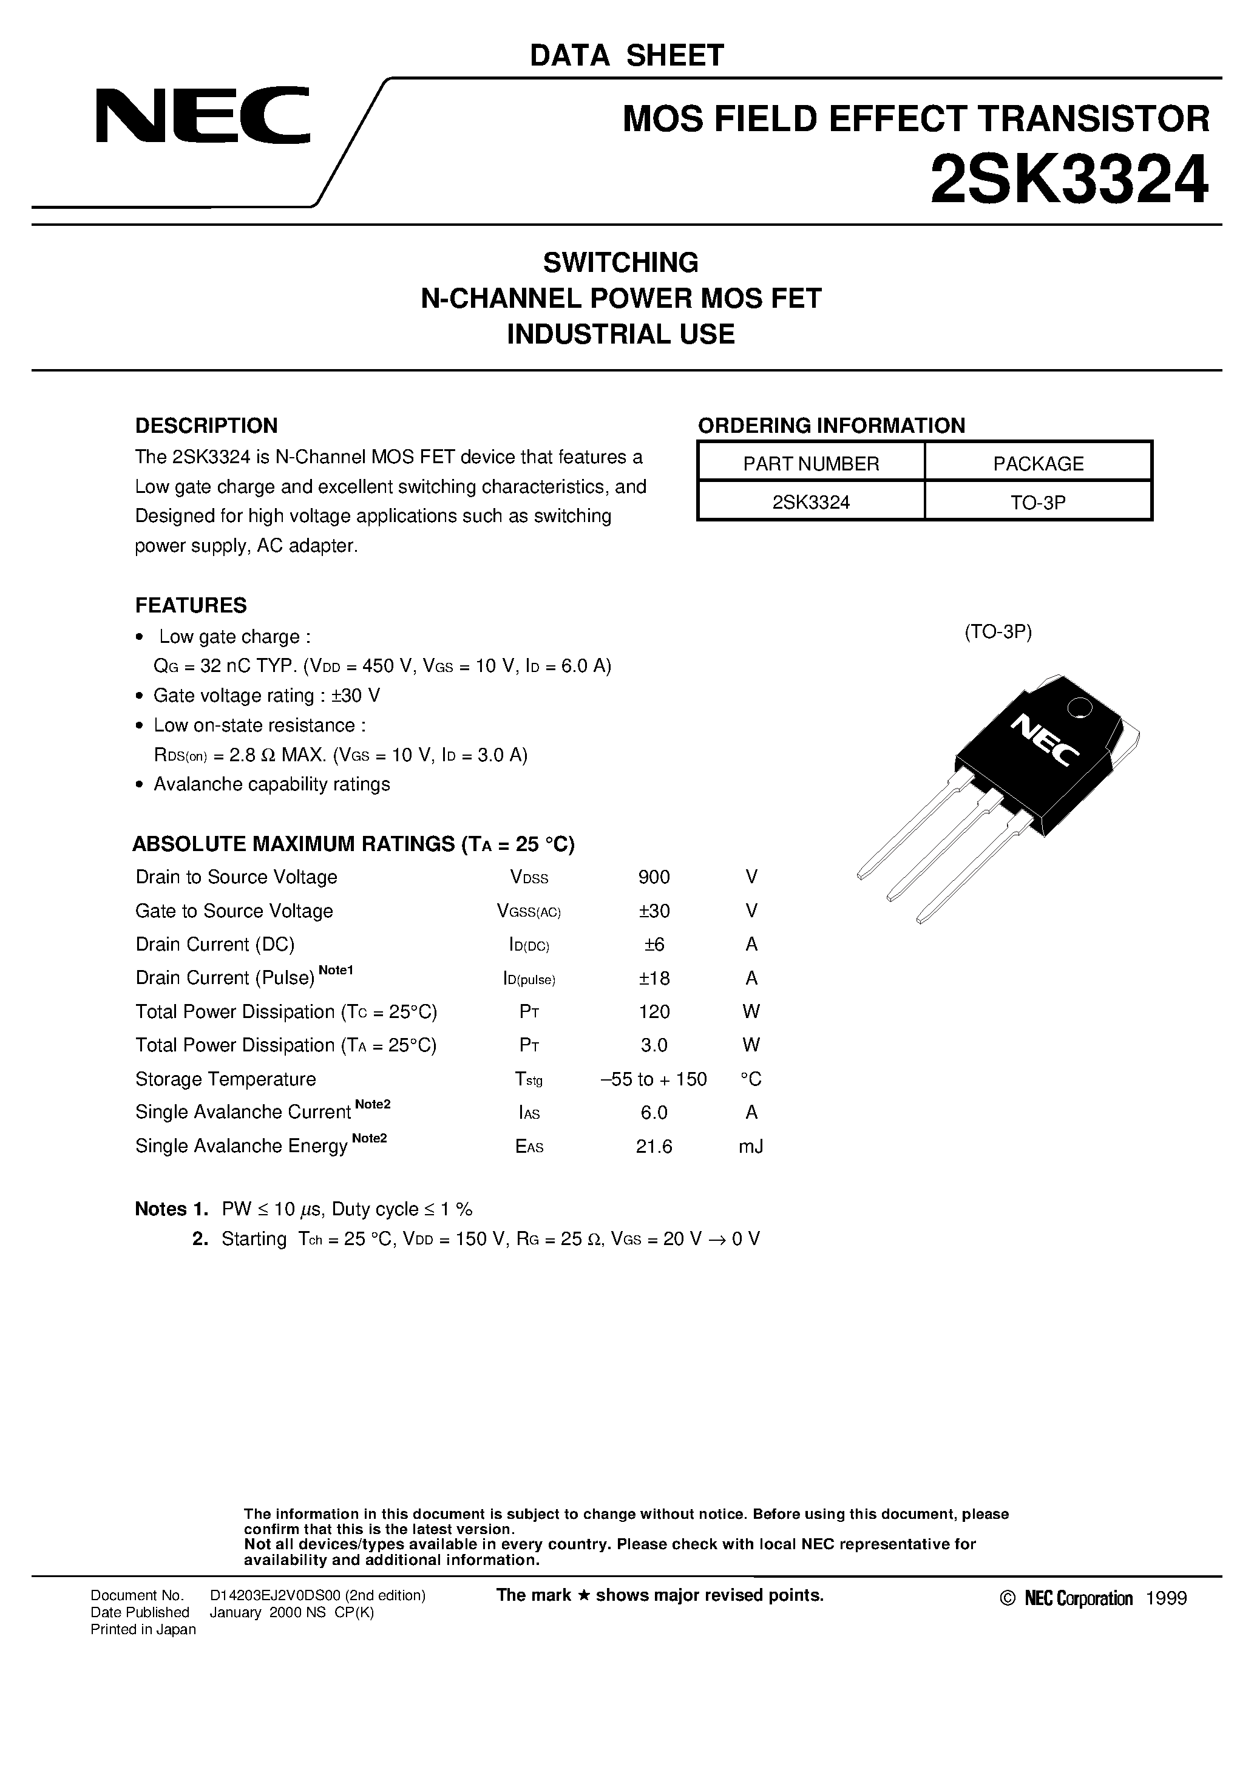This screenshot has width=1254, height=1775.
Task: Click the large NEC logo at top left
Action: (x=203, y=116)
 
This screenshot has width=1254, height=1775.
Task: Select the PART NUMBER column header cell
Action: (x=811, y=463)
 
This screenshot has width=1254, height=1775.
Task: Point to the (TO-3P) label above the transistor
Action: (x=997, y=631)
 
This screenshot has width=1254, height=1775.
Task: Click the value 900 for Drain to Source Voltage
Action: (x=654, y=877)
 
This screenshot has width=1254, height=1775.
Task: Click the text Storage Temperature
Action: (x=226, y=1079)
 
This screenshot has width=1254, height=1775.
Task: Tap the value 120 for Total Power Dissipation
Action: (x=654, y=1011)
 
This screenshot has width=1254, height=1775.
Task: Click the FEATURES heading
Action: (x=191, y=605)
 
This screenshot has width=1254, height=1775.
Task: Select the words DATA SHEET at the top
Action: (x=626, y=56)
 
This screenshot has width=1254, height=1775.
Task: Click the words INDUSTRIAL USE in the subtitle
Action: (x=620, y=334)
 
